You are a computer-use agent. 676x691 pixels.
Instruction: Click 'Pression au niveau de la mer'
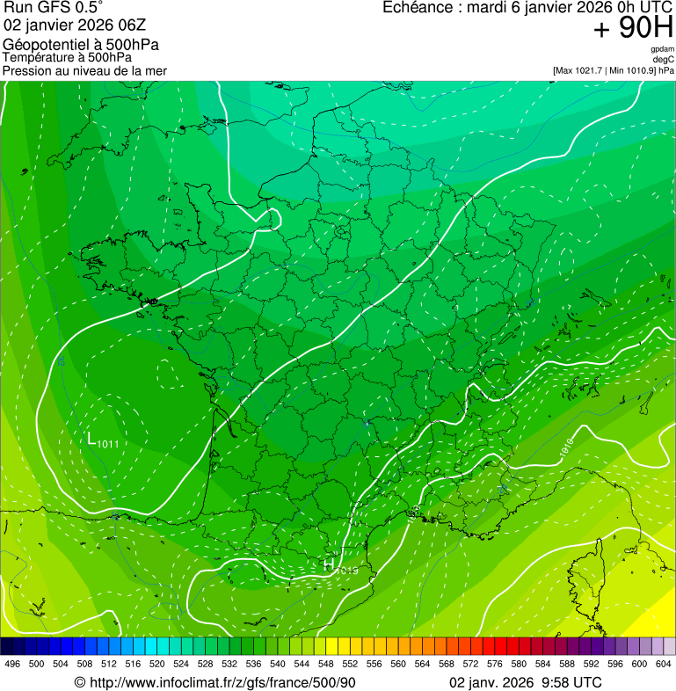click(x=84, y=70)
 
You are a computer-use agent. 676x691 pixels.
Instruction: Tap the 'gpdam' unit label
click(x=662, y=49)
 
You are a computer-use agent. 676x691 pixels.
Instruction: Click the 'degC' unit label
click(x=664, y=59)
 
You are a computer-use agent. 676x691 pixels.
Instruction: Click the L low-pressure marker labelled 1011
click(x=91, y=438)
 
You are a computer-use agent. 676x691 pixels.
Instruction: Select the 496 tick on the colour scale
click(x=12, y=665)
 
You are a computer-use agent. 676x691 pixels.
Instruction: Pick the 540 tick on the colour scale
click(x=278, y=665)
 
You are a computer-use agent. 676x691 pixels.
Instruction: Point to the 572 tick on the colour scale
click(x=471, y=665)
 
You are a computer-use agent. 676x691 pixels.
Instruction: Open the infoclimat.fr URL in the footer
click(x=215, y=682)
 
